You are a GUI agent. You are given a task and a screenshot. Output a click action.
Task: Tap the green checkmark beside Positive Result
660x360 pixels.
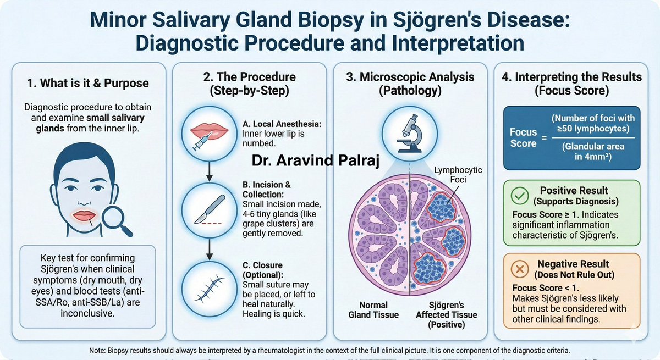(x=520, y=195)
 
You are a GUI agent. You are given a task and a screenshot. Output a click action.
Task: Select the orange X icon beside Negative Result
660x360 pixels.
(x=520, y=269)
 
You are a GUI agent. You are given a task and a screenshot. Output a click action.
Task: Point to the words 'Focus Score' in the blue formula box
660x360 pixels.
(x=523, y=137)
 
